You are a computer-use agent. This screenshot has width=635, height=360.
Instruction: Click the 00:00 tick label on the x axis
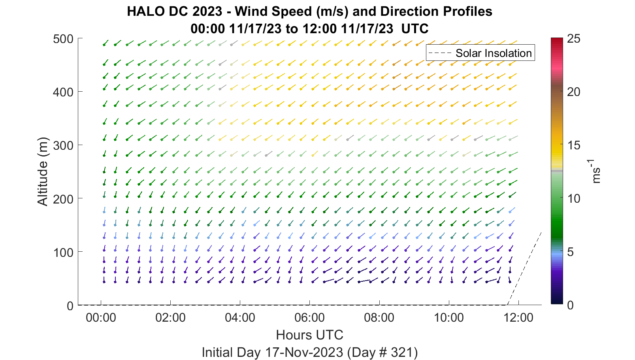(x=101, y=317)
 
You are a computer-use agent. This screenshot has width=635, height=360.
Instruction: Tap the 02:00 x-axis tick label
(x=170, y=317)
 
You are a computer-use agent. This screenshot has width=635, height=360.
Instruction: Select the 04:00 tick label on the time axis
(x=240, y=317)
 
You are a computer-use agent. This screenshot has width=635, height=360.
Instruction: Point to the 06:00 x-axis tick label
(x=309, y=317)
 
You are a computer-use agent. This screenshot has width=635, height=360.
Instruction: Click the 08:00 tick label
(x=379, y=317)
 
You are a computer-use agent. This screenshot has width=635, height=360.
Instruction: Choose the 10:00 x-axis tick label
(x=449, y=317)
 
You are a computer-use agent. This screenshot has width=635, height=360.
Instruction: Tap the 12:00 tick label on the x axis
(x=518, y=317)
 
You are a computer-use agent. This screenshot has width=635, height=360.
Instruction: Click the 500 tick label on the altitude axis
(x=63, y=39)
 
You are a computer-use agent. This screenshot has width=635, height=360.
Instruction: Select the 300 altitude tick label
(x=63, y=145)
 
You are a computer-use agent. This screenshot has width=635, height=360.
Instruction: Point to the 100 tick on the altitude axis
(x=63, y=252)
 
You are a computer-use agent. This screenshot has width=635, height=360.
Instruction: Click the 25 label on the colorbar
(x=574, y=39)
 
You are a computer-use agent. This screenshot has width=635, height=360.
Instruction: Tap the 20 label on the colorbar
(x=574, y=92)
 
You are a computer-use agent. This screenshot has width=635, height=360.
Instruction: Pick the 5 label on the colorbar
(x=570, y=252)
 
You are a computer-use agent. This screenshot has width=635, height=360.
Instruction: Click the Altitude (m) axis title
(x=43, y=172)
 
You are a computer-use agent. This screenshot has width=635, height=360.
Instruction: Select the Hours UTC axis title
(x=309, y=335)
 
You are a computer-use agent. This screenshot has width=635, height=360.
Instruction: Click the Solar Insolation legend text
(x=494, y=53)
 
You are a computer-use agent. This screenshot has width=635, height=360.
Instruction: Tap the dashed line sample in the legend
(x=440, y=53)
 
